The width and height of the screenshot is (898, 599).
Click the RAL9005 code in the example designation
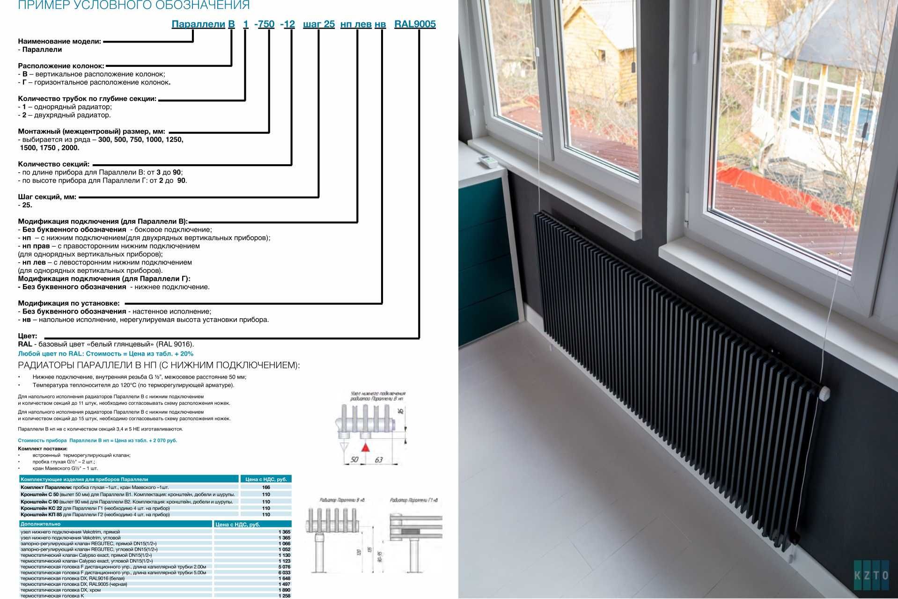pyautogui.click(x=415, y=24)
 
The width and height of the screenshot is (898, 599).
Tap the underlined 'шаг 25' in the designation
pyautogui.click(x=319, y=24)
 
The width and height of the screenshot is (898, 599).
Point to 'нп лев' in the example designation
pyautogui.click(x=356, y=24)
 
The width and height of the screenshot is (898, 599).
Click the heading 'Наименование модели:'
pyautogui.click(x=59, y=41)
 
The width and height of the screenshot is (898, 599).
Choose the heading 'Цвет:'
pyautogui.click(x=28, y=336)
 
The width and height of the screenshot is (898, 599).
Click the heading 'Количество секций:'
pyautogui.click(x=53, y=164)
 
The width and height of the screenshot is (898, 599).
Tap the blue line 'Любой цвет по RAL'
pyautogui.click(x=105, y=354)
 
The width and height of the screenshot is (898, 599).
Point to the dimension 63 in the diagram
pyautogui.click(x=378, y=460)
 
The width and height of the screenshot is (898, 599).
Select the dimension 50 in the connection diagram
pyautogui.click(x=354, y=460)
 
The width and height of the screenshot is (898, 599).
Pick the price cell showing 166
pyautogui.click(x=266, y=487)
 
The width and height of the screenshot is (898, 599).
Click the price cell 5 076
pyautogui.click(x=284, y=567)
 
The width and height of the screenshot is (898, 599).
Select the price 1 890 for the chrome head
pyautogui.click(x=284, y=590)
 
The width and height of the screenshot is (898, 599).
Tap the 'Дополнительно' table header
pyautogui.click(x=41, y=524)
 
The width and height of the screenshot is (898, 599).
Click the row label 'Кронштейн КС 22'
pyautogui.click(x=42, y=508)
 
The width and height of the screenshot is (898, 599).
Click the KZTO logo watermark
pyautogui.click(x=871, y=575)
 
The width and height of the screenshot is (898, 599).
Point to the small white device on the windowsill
pyautogui.click(x=488, y=162)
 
